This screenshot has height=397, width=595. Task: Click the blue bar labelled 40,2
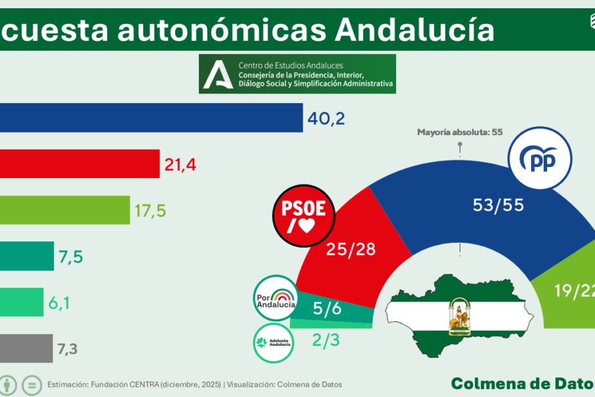point(151,118)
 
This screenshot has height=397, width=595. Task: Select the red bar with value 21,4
point(79,164)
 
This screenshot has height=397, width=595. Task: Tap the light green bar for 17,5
point(65,209)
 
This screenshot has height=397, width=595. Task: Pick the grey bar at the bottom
point(26,348)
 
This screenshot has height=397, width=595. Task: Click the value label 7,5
point(70,257)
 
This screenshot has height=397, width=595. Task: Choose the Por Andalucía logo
point(276,298)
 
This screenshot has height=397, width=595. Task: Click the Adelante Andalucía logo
point(273,340)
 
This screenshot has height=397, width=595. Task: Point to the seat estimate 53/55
point(498,205)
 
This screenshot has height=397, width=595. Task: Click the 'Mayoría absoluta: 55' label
point(459,133)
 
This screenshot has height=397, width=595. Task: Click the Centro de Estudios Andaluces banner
point(297,74)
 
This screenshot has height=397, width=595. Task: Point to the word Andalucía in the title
point(415,29)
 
